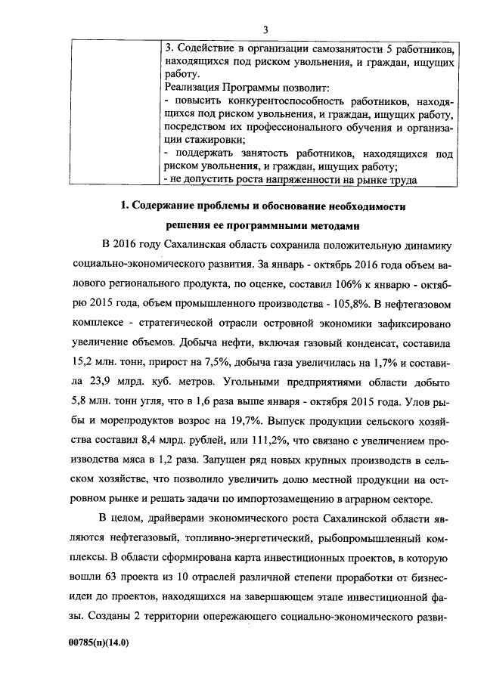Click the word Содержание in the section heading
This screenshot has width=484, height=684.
[x=168, y=206]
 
